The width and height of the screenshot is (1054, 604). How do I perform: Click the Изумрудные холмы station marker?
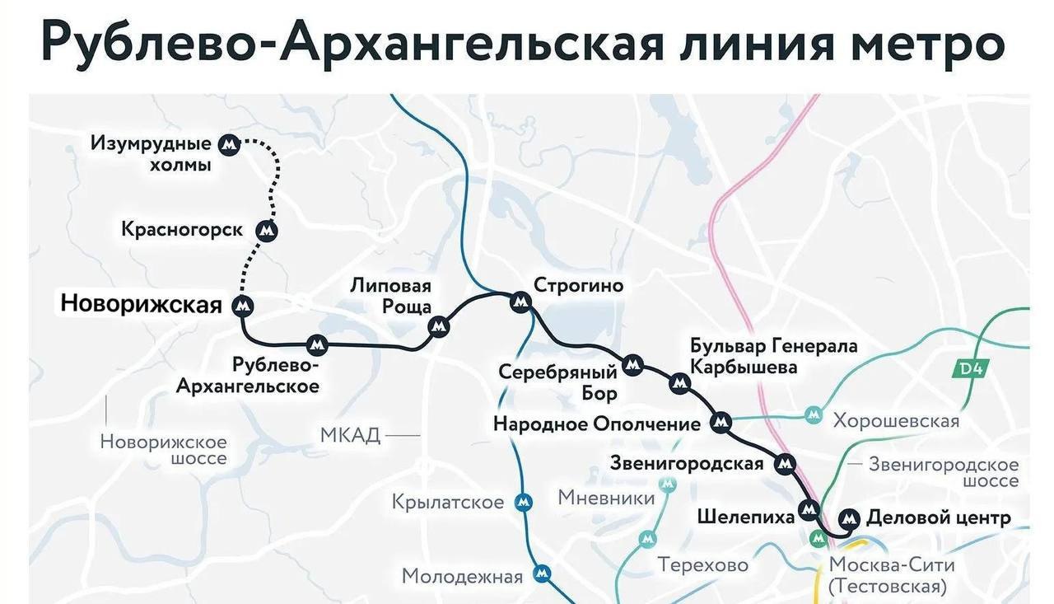point(230,145)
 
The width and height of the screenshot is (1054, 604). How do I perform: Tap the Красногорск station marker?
point(266,232)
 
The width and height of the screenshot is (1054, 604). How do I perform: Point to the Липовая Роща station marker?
point(439,326)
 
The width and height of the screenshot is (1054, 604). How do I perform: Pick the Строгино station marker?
point(520,302)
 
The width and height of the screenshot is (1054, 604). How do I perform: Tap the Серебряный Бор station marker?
point(632,364)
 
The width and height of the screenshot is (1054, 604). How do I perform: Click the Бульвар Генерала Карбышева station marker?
point(679,382)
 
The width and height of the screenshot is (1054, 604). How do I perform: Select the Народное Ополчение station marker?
point(721,423)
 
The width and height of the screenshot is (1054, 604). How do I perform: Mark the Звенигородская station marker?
point(786,464)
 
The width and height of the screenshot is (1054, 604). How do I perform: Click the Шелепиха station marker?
point(809,509)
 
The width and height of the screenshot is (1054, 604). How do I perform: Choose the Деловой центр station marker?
point(849,519)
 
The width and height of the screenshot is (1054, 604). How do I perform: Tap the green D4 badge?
point(972,368)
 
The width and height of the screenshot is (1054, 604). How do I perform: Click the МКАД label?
point(350,434)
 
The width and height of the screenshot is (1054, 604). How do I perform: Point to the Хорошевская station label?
point(896,421)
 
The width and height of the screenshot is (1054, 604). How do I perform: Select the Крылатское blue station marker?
point(523,502)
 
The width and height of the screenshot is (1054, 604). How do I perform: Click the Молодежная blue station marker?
point(542,574)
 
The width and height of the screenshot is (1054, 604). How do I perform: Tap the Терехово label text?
point(702,565)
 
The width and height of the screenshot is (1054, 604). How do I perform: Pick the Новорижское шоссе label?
point(163,450)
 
